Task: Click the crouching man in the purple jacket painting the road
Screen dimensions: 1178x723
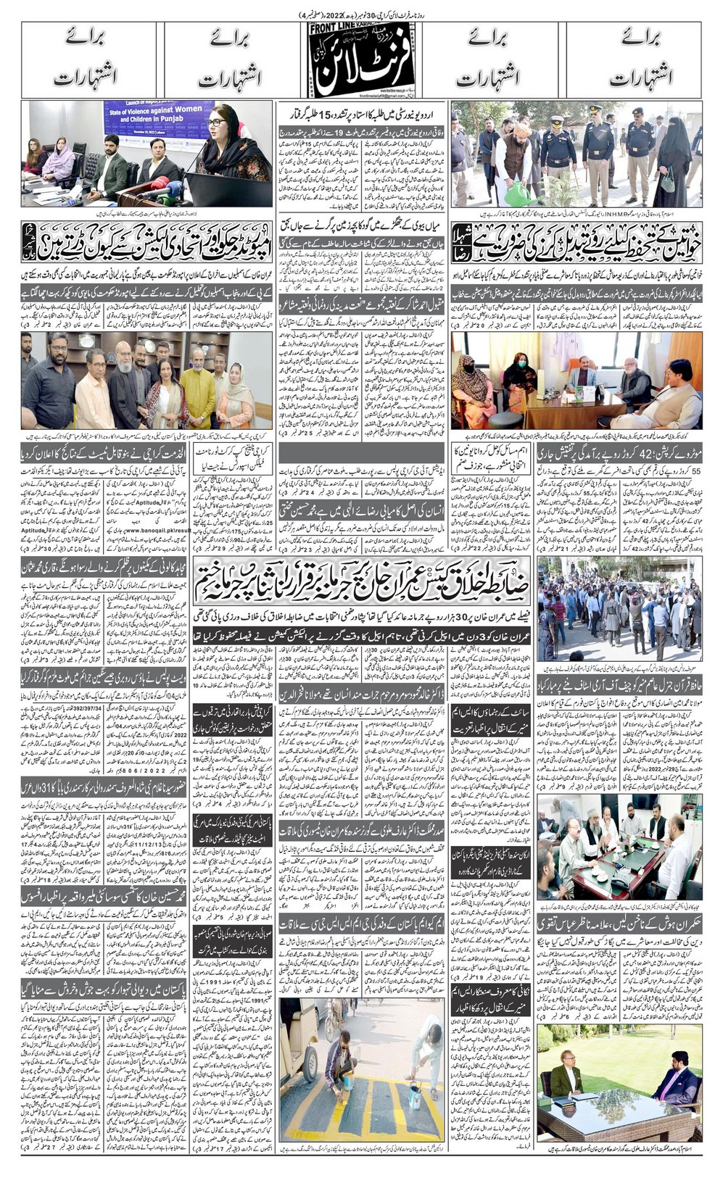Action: click(x=341, y=1066)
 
